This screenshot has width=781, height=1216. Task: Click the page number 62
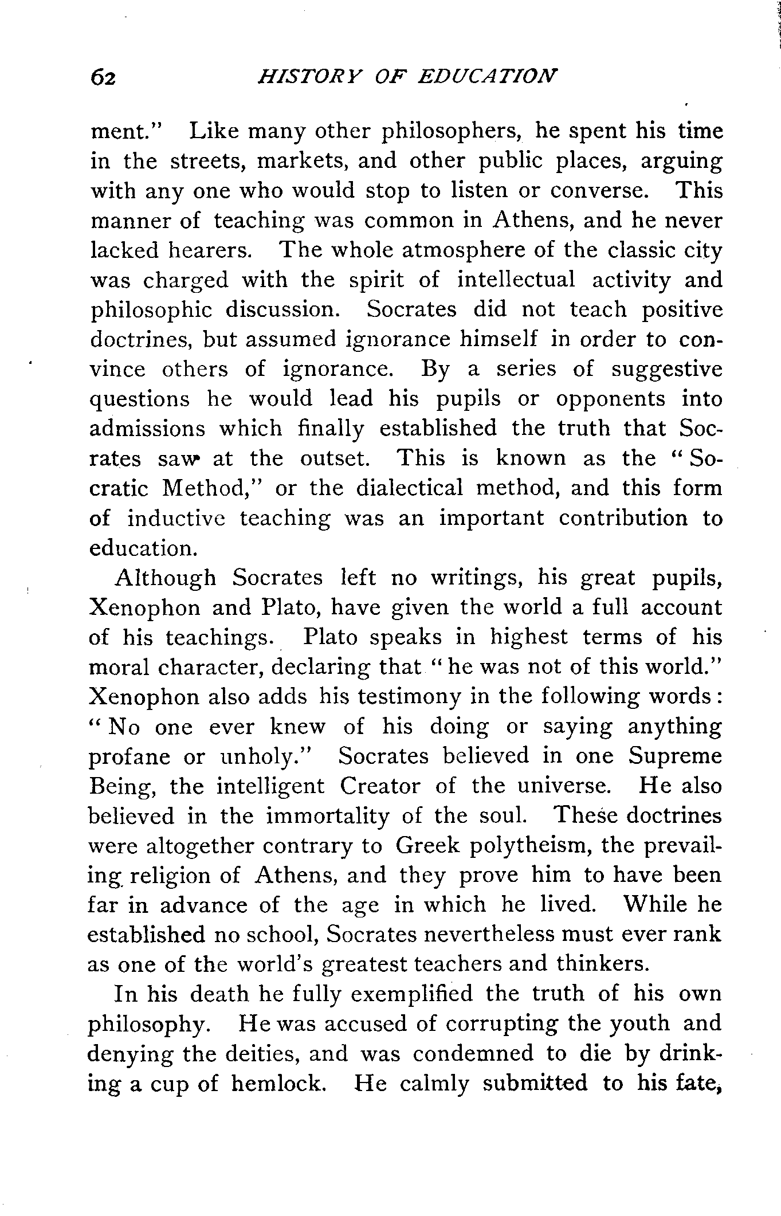pos(104,77)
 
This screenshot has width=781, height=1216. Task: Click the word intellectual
pos(516,280)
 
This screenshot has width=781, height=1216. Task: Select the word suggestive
pos(666,369)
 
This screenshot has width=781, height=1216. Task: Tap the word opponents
pos(611,399)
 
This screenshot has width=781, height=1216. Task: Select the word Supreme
pos(675,756)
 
